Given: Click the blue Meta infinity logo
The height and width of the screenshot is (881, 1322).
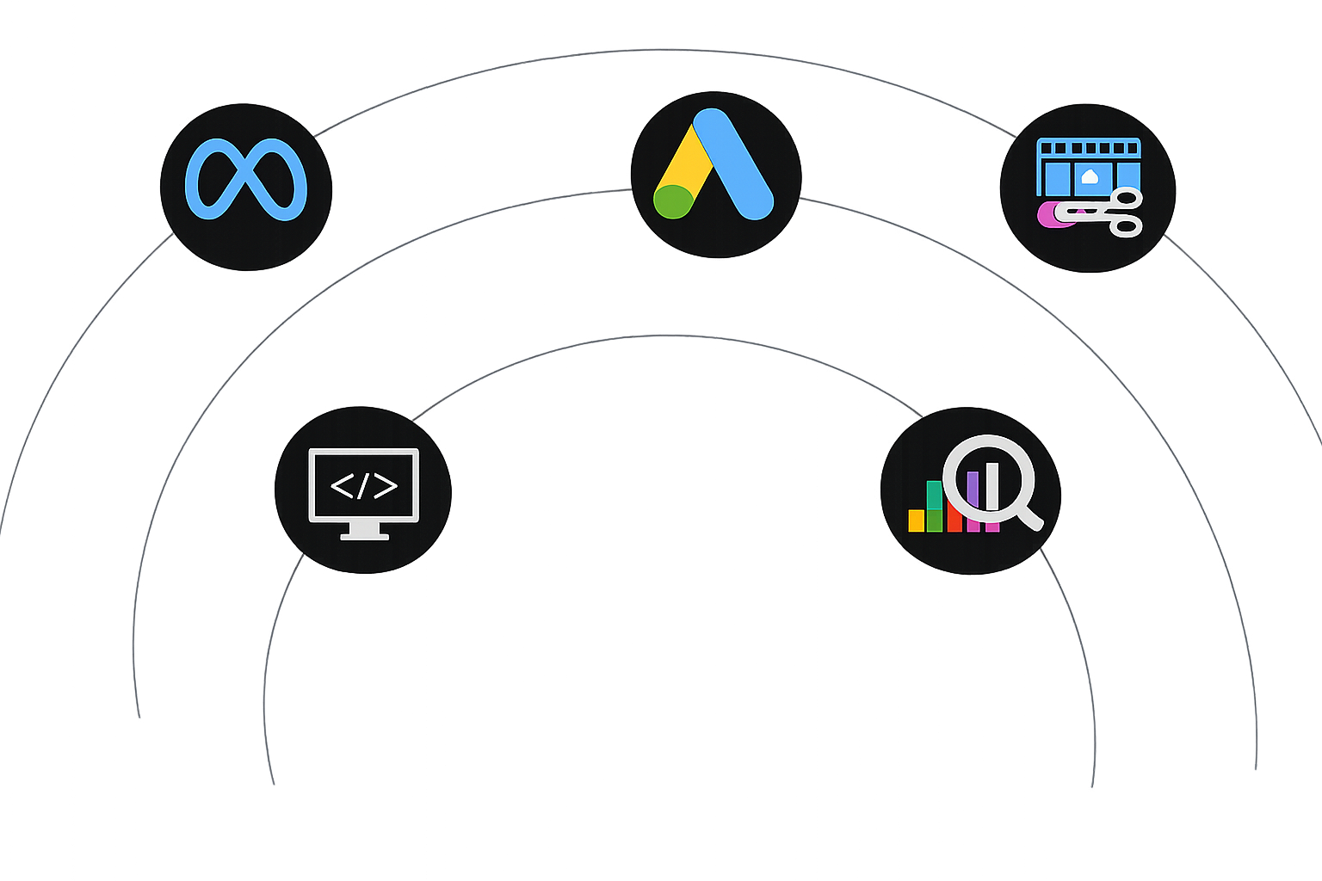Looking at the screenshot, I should point(246,179).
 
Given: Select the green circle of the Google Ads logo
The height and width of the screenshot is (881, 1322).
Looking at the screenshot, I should point(673,201).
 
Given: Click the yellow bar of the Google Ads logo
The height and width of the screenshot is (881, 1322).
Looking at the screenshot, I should point(689,163).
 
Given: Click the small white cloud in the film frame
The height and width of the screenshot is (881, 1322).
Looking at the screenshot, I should point(1090,177).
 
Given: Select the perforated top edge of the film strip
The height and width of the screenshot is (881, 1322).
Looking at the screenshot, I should point(1089,147).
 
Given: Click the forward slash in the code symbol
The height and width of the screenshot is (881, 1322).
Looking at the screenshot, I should point(363,486).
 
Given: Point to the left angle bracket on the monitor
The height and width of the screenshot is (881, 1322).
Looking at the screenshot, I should point(342,486).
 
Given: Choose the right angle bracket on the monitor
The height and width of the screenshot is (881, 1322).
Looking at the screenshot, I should point(386,486).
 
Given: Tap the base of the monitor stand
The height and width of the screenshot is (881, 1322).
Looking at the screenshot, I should point(364,536).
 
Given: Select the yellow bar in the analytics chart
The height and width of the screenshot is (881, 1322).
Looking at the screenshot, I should point(916,521).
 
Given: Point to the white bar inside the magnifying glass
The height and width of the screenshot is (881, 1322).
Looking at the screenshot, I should point(991,486).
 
